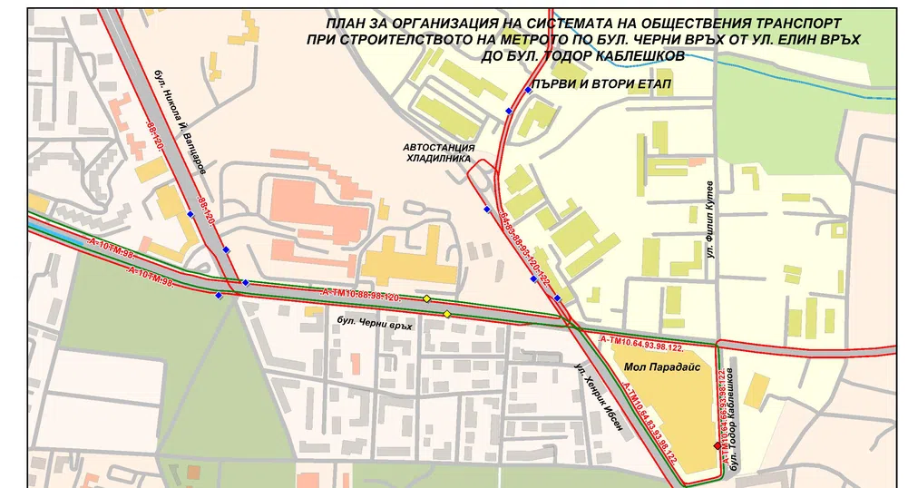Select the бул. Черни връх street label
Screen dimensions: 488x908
374,324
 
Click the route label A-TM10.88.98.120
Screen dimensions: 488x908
360,297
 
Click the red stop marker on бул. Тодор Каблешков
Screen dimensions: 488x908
717,446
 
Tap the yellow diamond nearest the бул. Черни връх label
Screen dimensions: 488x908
446,314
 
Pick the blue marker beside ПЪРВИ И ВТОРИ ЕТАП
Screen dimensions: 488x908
528,91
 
